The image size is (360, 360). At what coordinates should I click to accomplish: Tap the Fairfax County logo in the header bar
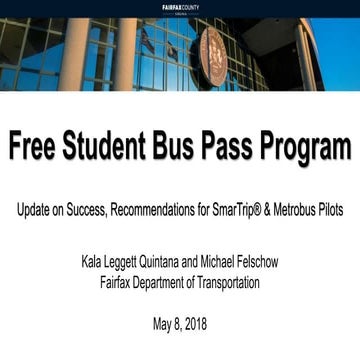(180, 6)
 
